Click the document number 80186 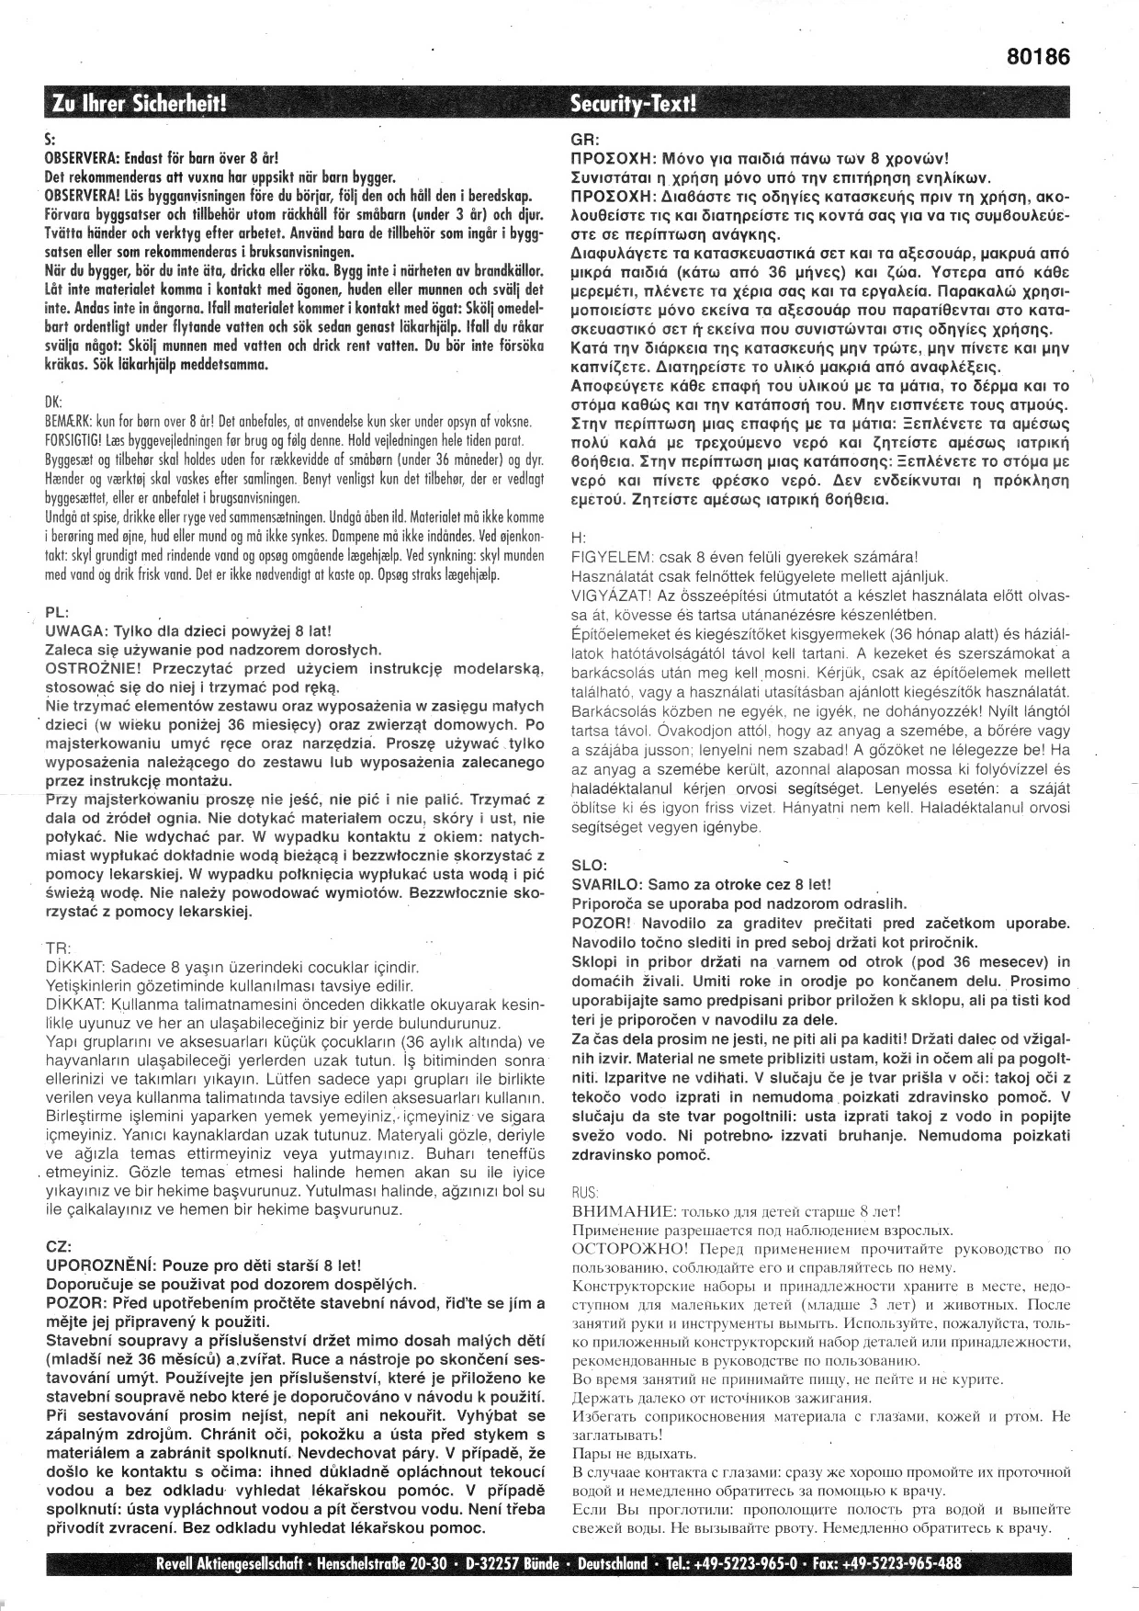[x=1038, y=57]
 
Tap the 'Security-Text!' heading [x=633, y=103]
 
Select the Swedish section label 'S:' [x=51, y=142]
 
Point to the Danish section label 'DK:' [x=53, y=402]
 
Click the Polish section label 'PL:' [x=55, y=612]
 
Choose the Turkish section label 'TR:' [x=55, y=948]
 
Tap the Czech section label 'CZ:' [x=56, y=1246]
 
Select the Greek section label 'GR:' [x=584, y=142]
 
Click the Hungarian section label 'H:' [x=578, y=538]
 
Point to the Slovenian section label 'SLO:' [x=588, y=865]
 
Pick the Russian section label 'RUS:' [x=585, y=1191]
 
